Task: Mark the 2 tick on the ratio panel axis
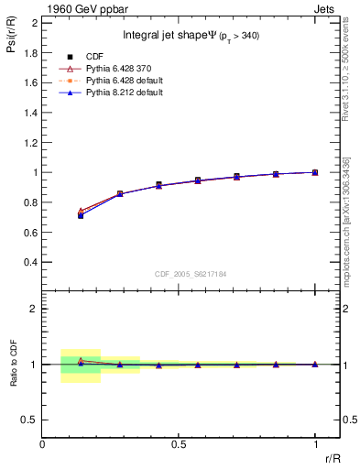(x=35, y=309)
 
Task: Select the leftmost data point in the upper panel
(x=81, y=215)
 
